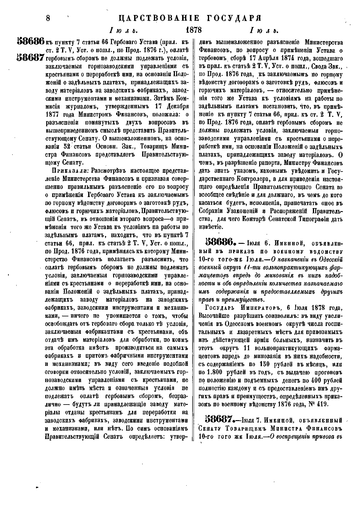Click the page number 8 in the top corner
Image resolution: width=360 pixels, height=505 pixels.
(x=48, y=18)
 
